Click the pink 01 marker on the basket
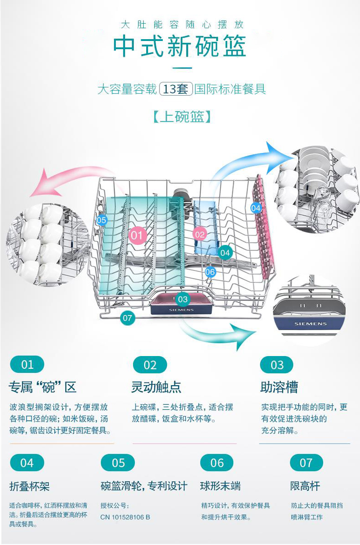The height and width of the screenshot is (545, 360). [136, 235]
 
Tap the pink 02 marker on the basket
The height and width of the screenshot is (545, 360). [200, 234]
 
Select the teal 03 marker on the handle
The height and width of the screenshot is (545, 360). [183, 299]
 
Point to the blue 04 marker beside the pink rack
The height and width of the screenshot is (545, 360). [256, 208]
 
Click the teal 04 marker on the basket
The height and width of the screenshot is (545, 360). [225, 253]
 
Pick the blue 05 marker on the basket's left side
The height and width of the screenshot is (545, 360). [101, 220]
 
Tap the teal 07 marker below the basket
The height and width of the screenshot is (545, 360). [127, 318]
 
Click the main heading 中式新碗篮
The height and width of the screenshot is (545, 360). [180, 46]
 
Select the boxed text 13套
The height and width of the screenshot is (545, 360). [175, 89]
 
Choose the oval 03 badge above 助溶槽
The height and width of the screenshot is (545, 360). [277, 365]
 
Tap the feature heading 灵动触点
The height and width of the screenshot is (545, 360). [156, 387]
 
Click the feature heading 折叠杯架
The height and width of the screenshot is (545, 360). [30, 486]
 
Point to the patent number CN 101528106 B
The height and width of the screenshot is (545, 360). [125, 517]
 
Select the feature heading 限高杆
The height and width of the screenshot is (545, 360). [305, 485]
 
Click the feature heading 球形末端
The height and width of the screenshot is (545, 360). [220, 485]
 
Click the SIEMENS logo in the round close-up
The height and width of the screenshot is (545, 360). [310, 324]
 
